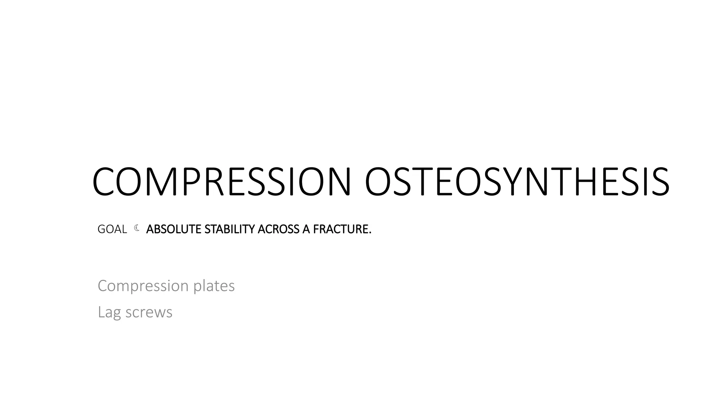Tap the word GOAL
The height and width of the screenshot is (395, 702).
[x=112, y=229]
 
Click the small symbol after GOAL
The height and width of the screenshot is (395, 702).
[x=137, y=228]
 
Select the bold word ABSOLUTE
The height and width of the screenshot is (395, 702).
[x=174, y=229]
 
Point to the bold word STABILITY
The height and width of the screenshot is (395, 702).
[x=230, y=229]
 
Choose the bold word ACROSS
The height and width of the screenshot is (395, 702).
[x=278, y=229]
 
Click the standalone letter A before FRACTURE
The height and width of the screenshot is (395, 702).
[x=306, y=229]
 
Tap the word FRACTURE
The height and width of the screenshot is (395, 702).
[x=340, y=229]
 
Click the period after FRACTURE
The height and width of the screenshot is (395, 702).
[x=370, y=233]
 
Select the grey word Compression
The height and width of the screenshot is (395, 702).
[x=143, y=286]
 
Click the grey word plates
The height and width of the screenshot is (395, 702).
[x=214, y=286]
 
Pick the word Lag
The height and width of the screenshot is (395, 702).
[x=109, y=312]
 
